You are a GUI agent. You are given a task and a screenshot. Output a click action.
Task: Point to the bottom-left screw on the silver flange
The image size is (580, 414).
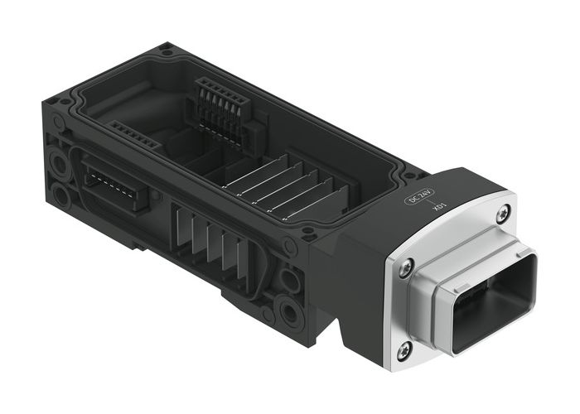[404, 351]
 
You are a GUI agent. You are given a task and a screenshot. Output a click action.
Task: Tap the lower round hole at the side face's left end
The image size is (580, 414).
[61, 195]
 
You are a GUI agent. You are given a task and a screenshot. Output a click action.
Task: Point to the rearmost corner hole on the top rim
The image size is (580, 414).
[167, 50]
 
